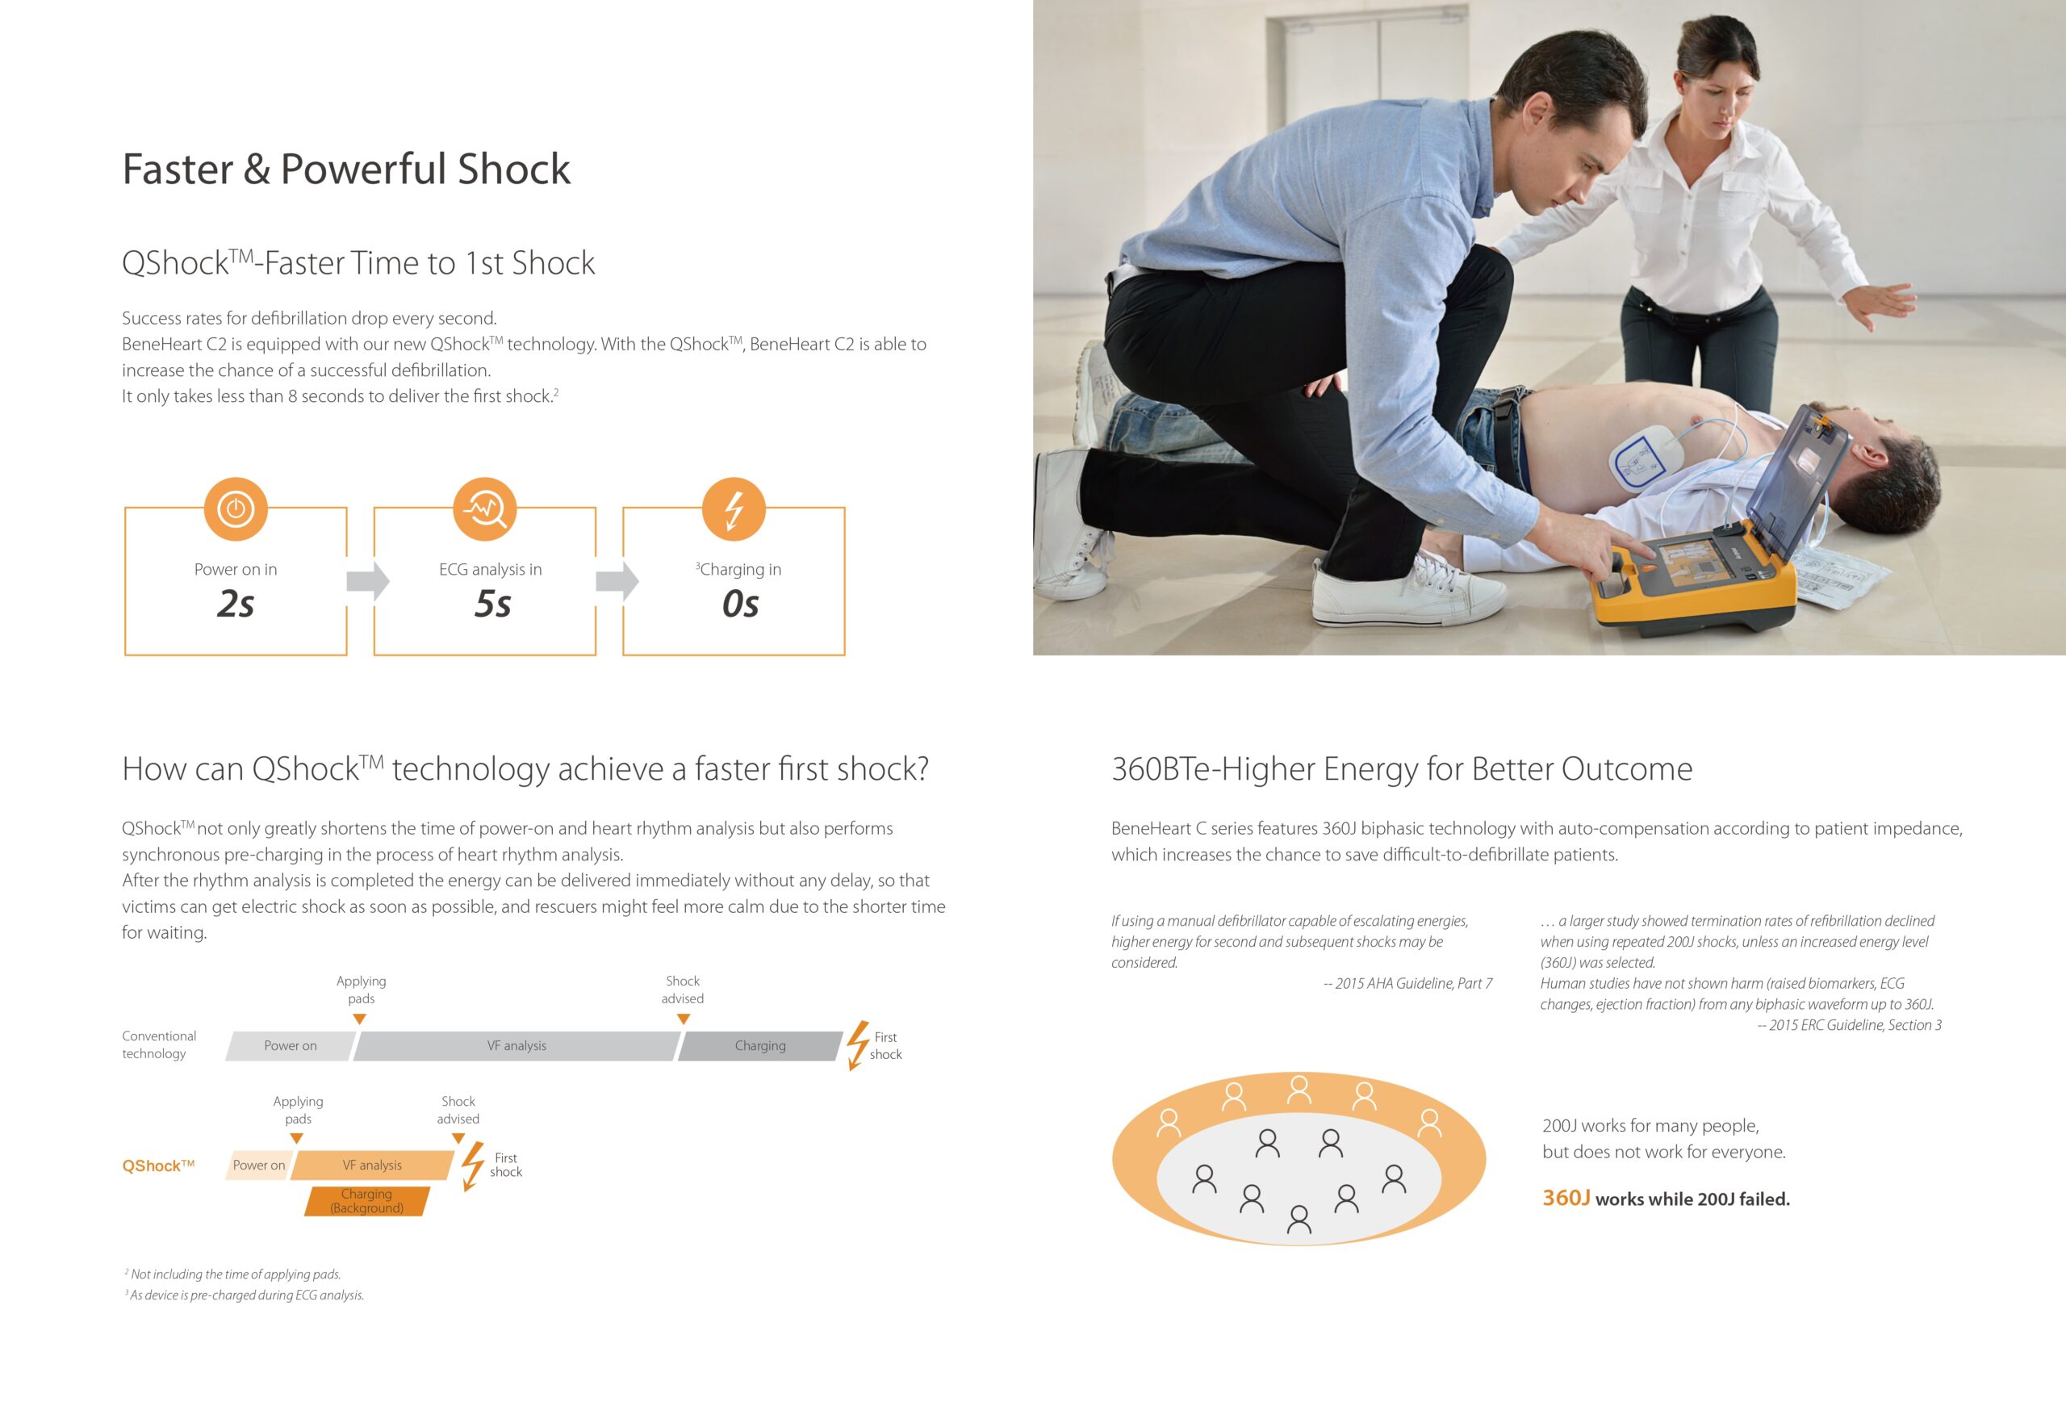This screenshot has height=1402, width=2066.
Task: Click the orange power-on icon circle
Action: (x=236, y=508)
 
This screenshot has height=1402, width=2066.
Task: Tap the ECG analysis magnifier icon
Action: (x=484, y=508)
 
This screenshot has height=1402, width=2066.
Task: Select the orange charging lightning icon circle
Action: (x=734, y=508)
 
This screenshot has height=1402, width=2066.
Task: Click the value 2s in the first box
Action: (x=236, y=604)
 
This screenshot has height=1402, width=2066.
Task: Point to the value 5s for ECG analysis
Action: (x=492, y=604)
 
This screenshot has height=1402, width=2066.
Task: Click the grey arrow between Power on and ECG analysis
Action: (x=368, y=581)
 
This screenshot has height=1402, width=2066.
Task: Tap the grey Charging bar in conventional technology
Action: (x=760, y=1045)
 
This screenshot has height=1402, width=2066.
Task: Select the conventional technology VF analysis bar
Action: (x=516, y=1045)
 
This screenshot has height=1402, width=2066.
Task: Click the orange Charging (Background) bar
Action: (x=367, y=1201)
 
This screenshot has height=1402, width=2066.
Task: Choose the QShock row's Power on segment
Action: (x=259, y=1165)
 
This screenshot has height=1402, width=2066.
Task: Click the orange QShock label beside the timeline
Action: (x=158, y=1166)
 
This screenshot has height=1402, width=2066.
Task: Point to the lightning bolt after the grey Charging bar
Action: (x=857, y=1045)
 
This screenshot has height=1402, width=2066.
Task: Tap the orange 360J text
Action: (x=1566, y=1198)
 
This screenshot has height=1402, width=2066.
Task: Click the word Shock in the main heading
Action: (x=514, y=169)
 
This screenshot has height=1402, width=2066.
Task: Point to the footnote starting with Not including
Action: (x=233, y=1274)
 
